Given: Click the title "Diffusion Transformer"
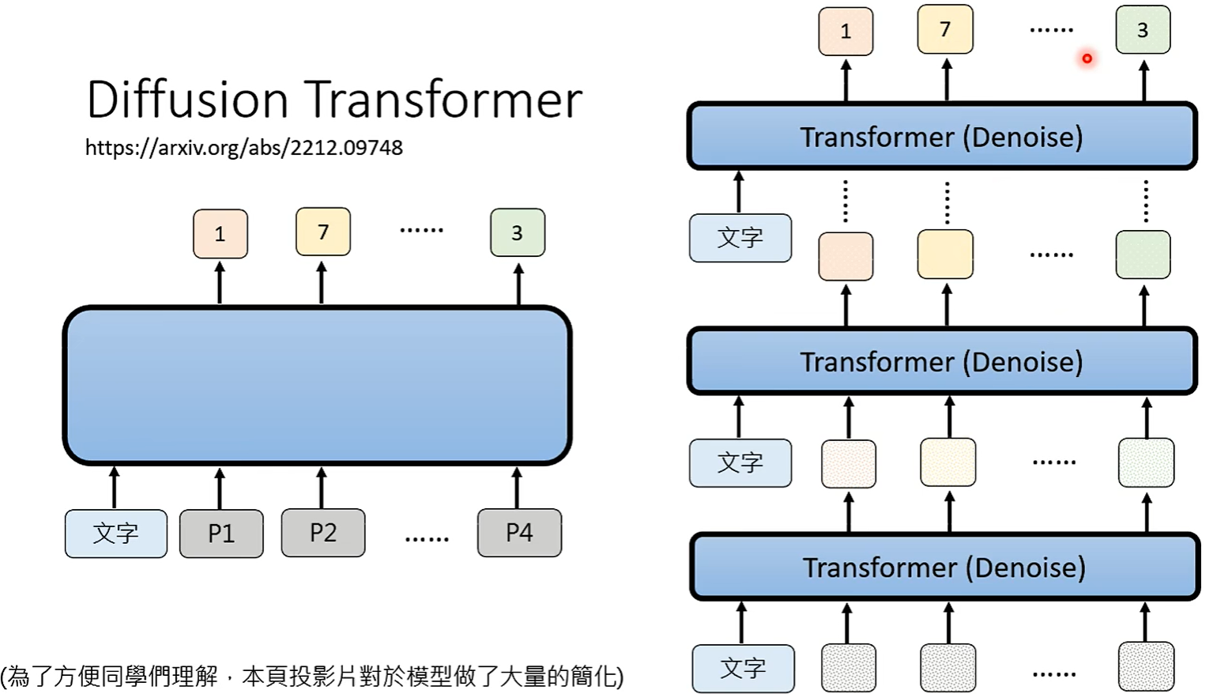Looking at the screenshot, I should click(334, 100).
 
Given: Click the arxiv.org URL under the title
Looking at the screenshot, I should click(243, 148).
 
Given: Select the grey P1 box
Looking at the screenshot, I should click(221, 534).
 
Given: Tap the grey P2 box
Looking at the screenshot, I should click(323, 533).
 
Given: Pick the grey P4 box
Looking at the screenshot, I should click(519, 533).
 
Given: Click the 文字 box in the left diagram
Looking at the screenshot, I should click(116, 534).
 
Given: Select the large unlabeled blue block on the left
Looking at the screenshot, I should click(317, 384).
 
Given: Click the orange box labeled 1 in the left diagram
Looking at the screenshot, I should click(220, 233).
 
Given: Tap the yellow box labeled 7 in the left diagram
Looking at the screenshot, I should click(323, 232).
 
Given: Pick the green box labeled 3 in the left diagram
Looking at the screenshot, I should click(518, 232).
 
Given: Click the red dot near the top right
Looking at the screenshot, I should click(1087, 58).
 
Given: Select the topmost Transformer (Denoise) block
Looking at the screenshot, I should click(942, 137).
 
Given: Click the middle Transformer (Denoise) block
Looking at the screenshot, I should click(942, 361).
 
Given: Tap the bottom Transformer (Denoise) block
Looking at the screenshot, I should click(944, 567).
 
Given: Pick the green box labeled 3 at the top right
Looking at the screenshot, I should click(1143, 30).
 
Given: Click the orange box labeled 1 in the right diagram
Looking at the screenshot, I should click(846, 32).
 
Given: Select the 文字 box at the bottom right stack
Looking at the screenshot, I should click(743, 669).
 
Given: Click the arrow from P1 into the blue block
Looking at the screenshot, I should click(220, 488).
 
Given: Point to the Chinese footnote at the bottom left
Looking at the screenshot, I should click(312, 676).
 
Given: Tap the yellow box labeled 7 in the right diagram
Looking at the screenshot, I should click(945, 29).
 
